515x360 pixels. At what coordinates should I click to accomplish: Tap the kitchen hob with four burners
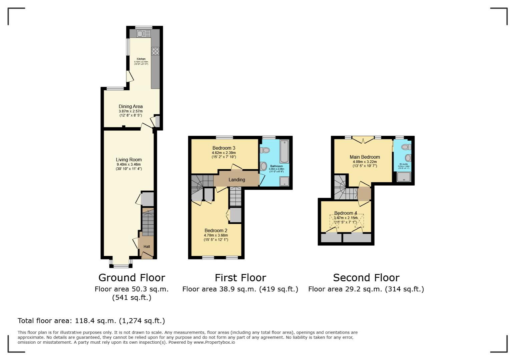[x=155, y=51]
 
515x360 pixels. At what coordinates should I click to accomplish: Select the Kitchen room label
[x=141, y=59]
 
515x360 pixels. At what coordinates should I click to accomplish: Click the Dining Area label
[x=131, y=107]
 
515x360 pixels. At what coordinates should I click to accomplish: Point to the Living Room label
[x=129, y=160]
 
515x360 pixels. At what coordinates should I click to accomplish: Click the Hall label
[x=147, y=247]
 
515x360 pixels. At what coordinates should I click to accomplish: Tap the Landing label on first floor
[x=237, y=180]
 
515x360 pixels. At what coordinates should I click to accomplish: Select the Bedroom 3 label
[x=224, y=148]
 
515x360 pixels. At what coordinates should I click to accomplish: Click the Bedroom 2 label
[x=216, y=231]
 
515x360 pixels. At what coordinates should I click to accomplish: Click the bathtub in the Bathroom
[x=284, y=152]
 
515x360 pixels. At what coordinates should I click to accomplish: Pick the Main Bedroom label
[x=365, y=157]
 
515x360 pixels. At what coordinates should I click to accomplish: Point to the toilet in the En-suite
[x=406, y=147]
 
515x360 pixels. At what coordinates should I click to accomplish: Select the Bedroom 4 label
[x=346, y=213]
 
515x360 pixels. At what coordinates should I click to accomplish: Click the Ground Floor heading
[x=132, y=278]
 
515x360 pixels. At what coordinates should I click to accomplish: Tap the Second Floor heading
[x=366, y=278]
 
